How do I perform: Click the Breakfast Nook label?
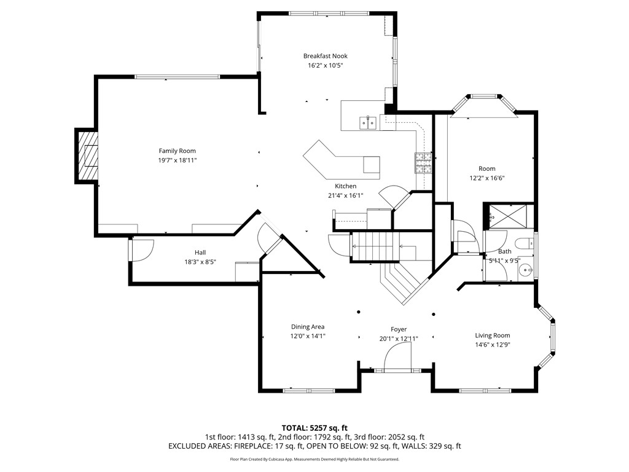coord(325,56)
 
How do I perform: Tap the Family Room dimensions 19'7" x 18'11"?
coord(177,160)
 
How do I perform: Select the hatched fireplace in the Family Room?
coord(87,155)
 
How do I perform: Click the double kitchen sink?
coord(368,123)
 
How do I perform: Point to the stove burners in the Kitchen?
coord(423,162)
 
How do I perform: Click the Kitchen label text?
coord(345,186)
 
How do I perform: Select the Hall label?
coord(200,253)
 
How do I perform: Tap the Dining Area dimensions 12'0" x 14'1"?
coord(308,336)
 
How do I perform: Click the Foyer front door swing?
coord(399,356)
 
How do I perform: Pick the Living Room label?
coord(493,336)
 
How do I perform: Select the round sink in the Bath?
coord(526,269)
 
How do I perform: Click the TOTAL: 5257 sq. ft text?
coord(314,428)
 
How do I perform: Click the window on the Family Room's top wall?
coord(177,77)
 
